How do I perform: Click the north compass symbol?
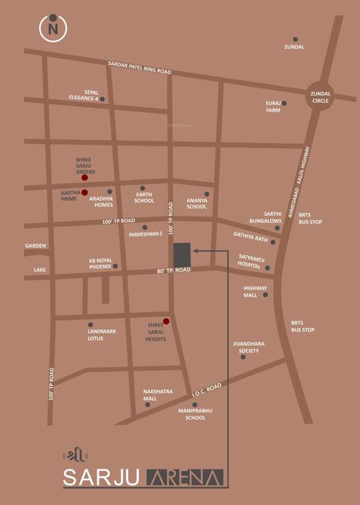coord(52,28)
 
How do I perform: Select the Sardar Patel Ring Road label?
coord(139,67)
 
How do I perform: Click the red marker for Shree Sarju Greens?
coord(84,178)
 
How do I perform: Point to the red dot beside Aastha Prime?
coord(84,192)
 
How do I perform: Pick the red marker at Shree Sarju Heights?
coord(166,321)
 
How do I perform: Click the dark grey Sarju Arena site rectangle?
coord(182,255)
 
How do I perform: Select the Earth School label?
coord(144,198)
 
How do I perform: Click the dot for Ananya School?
coord(206,194)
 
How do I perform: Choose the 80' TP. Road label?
coord(173,270)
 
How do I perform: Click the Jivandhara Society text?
coord(248,347)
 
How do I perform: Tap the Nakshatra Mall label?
coord(158,395)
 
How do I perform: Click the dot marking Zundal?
coord(296,39)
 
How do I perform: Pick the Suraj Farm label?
coord(273,107)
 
